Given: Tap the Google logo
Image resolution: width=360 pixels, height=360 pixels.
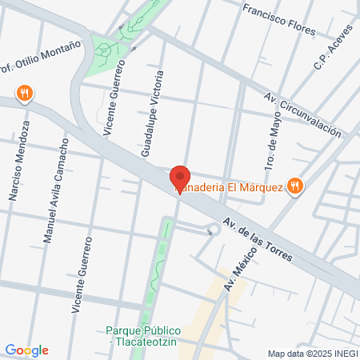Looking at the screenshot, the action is click(26, 350).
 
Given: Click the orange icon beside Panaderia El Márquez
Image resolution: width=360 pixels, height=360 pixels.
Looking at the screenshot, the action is click(295, 186).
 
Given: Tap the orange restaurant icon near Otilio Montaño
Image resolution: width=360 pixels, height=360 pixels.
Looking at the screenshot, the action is click(26, 93).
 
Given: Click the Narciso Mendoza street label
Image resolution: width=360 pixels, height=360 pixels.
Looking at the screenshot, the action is click(19, 160).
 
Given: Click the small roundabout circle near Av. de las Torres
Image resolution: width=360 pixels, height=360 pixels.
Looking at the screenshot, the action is click(214, 231).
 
